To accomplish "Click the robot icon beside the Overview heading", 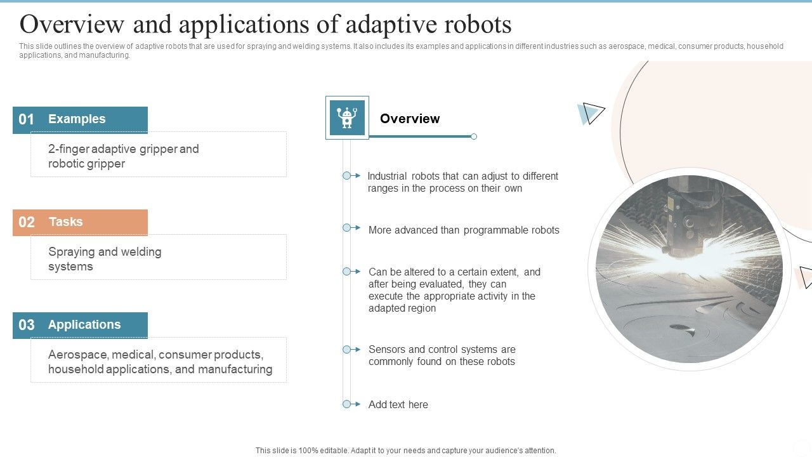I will [347, 118].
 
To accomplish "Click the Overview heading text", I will [409, 119].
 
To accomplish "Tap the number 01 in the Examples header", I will [27, 120].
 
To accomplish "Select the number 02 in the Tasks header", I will [27, 222].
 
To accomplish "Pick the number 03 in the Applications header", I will [27, 325].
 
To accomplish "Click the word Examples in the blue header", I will [77, 119].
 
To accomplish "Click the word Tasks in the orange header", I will [65, 222].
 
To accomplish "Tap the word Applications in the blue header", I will [84, 325].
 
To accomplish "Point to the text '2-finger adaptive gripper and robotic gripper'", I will [124, 156].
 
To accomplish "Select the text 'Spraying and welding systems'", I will [105, 259].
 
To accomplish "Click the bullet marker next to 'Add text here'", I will [347, 404].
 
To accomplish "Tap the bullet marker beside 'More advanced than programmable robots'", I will [347, 228].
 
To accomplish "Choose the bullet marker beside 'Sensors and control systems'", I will [347, 350].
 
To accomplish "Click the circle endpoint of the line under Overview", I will [474, 136].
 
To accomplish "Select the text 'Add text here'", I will [398, 405].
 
